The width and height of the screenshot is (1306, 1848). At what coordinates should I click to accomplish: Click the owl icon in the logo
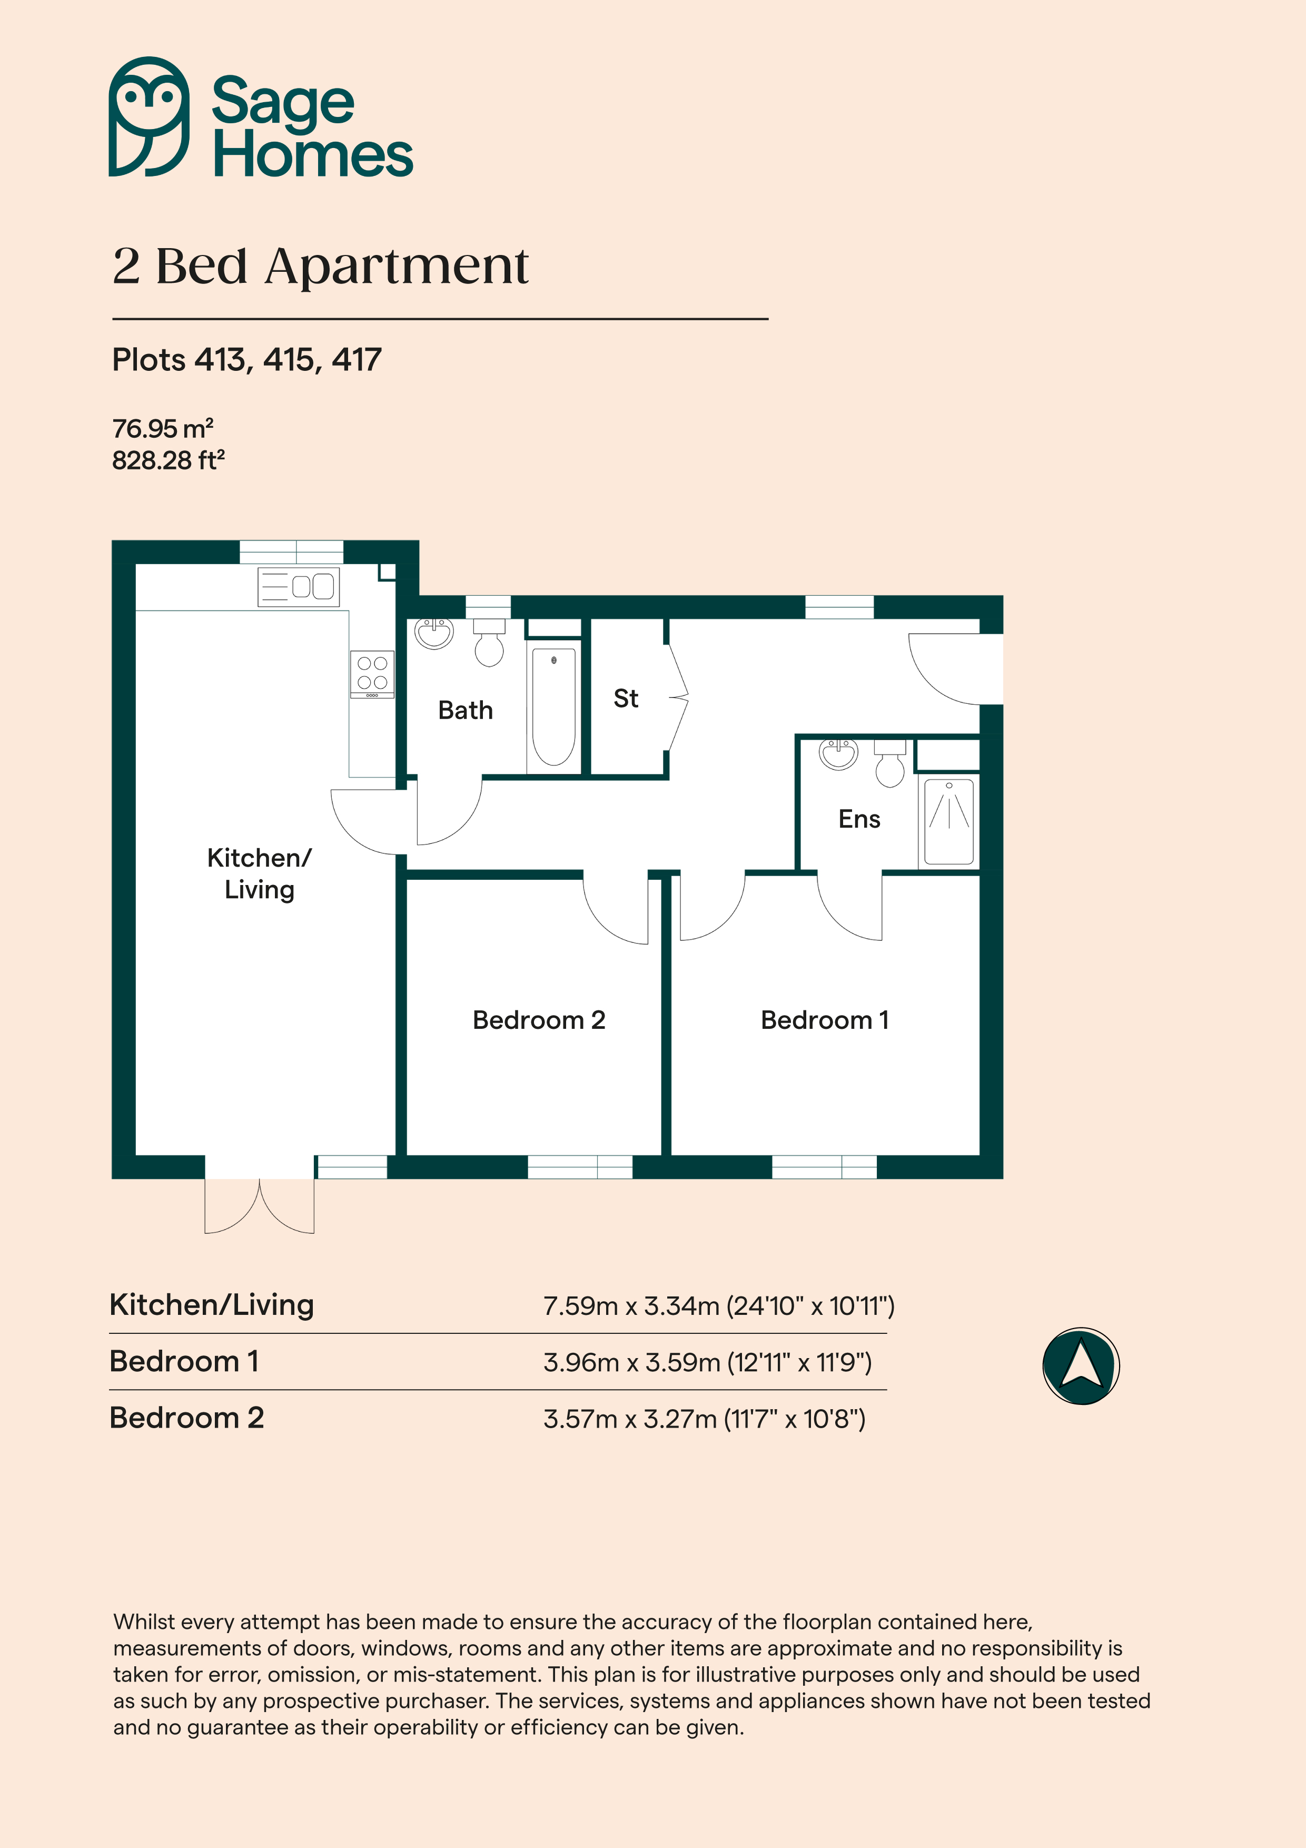tap(149, 117)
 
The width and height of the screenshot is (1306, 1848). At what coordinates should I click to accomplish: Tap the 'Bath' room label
tap(465, 710)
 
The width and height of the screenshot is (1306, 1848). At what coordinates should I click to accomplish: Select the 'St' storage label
tap(626, 698)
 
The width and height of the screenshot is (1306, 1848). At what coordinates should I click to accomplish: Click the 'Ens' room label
tap(859, 819)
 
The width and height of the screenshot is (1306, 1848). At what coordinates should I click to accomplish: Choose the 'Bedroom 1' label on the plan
tap(825, 1020)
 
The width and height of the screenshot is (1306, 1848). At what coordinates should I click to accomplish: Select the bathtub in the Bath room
tap(553, 706)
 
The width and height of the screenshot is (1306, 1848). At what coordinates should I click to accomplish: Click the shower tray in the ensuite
tap(949, 821)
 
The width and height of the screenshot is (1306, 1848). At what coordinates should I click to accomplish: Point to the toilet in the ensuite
tap(889, 764)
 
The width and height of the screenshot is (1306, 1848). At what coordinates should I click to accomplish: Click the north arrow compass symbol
tap(1081, 1366)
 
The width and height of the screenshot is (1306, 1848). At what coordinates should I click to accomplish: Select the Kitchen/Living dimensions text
tap(719, 1305)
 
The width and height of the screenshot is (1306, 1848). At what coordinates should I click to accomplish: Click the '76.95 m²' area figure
tap(163, 428)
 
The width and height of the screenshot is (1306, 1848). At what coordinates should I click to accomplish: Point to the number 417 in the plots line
tap(357, 360)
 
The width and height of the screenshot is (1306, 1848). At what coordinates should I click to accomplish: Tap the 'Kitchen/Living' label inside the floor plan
tap(259, 874)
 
